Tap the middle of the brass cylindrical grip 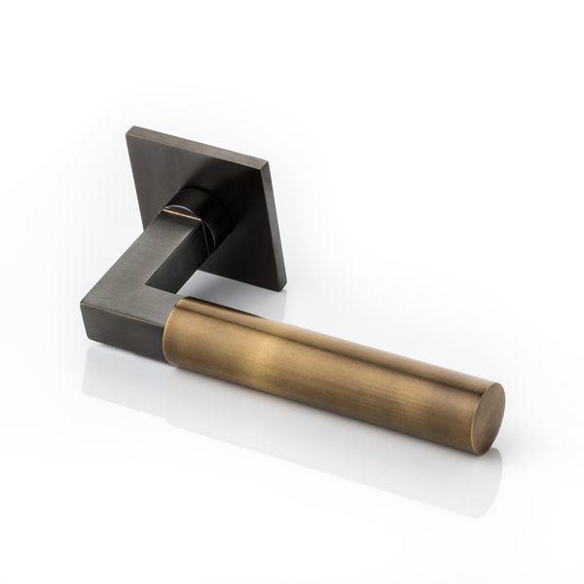tap(331, 350)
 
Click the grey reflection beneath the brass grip tap(321, 438)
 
